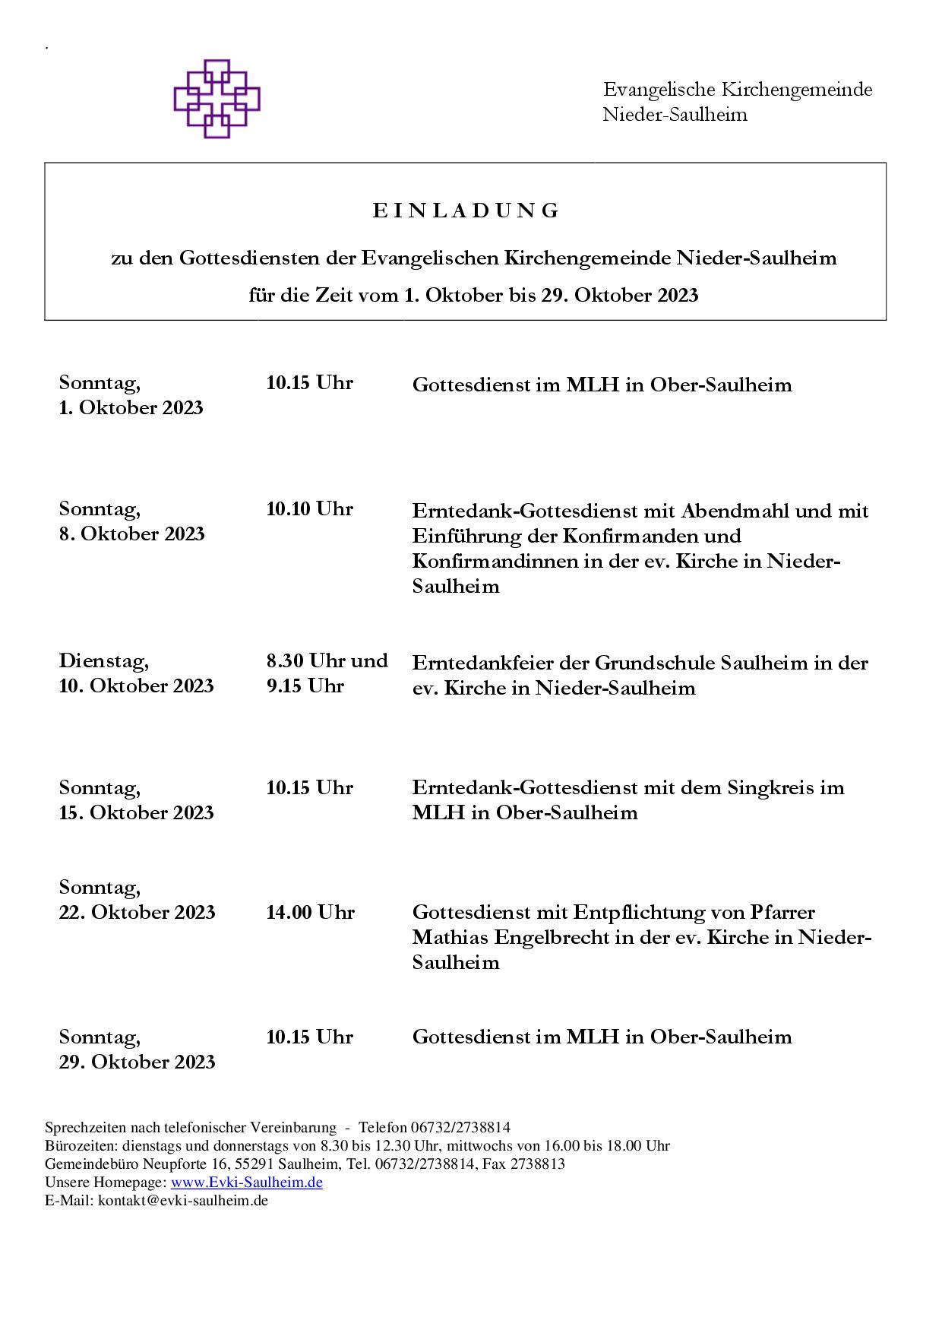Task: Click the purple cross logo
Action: point(217,99)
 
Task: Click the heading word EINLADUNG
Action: point(466,211)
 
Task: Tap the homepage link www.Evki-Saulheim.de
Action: point(246,1183)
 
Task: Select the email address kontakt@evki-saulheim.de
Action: point(182,1201)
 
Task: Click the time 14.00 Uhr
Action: point(310,912)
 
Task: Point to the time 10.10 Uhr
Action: point(309,508)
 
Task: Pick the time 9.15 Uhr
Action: point(305,685)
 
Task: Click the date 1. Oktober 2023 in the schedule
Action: point(131,408)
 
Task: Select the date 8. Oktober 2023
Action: point(132,534)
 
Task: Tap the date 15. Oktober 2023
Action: point(137,812)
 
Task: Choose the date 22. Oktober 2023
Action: point(138,912)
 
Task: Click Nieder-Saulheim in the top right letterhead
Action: point(675,115)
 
